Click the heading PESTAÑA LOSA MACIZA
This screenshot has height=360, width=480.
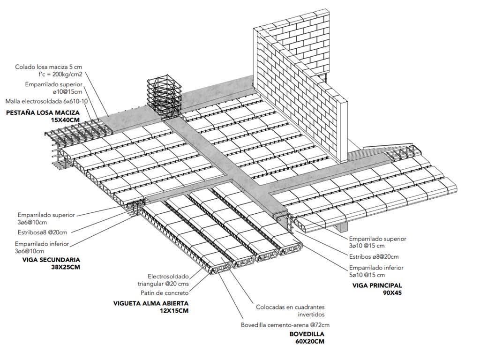[43, 113]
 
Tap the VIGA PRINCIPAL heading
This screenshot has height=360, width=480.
[377, 285]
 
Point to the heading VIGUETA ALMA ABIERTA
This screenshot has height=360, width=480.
[150, 303]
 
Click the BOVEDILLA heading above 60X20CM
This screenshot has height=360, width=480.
[307, 334]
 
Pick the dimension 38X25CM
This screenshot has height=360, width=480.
[66, 267]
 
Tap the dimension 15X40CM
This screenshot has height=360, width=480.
[65, 120]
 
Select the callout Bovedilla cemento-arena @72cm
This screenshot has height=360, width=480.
[285, 325]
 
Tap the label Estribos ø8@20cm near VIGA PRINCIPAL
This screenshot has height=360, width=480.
[373, 256]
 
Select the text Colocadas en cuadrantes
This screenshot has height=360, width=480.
[291, 307]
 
